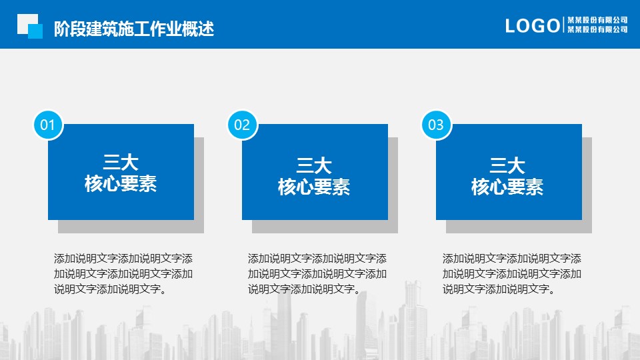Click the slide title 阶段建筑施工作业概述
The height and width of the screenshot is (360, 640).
[x=134, y=29]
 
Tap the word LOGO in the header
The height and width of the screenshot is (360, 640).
[x=532, y=26]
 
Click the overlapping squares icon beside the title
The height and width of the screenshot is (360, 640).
[x=30, y=26]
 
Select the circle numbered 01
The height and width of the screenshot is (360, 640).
[x=48, y=125]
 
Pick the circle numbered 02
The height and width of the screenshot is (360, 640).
[x=242, y=125]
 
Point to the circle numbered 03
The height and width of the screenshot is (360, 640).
[x=436, y=125]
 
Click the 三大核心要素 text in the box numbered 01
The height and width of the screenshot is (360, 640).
[x=121, y=173]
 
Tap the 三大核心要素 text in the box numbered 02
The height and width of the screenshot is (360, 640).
[x=314, y=176]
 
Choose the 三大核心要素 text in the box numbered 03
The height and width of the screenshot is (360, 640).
[x=507, y=176]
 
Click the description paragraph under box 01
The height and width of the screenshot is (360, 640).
[x=123, y=273]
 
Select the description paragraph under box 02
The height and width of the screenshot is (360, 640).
[x=317, y=273]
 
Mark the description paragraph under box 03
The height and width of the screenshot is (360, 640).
[x=512, y=273]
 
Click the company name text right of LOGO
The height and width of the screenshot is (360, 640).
[x=597, y=25]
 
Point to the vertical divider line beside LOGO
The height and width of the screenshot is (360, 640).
[x=563, y=25]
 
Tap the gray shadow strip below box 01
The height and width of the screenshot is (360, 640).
[x=131, y=227]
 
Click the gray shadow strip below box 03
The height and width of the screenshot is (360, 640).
[x=519, y=227]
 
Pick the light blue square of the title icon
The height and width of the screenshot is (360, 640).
[x=35, y=31]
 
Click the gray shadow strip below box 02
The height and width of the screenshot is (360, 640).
[x=325, y=227]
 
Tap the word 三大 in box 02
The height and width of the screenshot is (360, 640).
[x=314, y=166]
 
